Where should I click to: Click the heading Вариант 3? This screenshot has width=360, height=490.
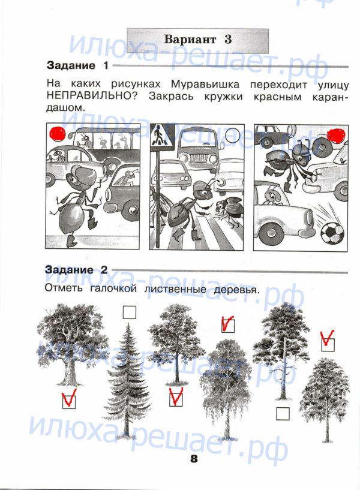click(x=198, y=40)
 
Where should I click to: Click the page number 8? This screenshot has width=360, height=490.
click(x=194, y=459)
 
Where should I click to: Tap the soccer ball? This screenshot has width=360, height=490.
click(x=332, y=233)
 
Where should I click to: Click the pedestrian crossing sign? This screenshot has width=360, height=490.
click(x=160, y=136)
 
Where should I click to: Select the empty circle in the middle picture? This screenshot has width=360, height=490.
click(x=232, y=136)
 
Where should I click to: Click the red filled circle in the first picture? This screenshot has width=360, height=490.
click(x=58, y=134)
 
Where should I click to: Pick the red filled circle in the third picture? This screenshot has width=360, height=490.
click(x=335, y=136)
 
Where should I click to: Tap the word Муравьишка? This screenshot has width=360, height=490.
click(x=205, y=85)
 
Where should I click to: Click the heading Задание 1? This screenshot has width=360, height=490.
click(x=77, y=65)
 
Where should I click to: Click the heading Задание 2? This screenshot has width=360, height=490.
click(x=76, y=270)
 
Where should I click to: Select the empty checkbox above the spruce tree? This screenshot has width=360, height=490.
click(x=130, y=312)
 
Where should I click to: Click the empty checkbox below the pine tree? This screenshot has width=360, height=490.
click(x=283, y=413)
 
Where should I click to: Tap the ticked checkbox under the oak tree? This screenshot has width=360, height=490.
click(x=69, y=401)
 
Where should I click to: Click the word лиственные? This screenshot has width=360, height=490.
click(x=175, y=289)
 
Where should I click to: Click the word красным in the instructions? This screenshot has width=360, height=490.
click(x=277, y=97)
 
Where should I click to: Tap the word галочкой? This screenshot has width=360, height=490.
click(x=113, y=289)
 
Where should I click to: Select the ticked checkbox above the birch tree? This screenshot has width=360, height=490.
click(x=228, y=325)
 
